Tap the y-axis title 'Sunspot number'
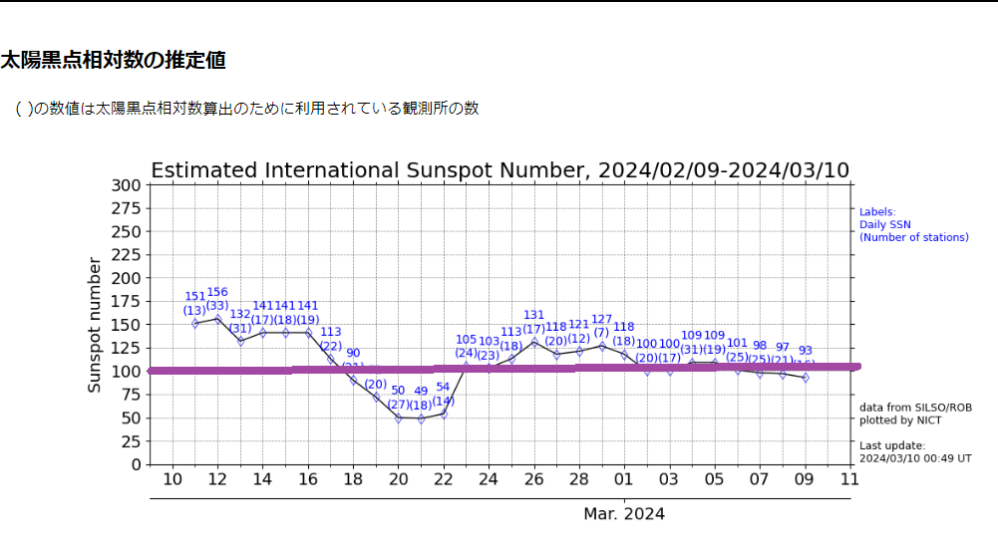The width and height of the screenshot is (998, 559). (x=95, y=325)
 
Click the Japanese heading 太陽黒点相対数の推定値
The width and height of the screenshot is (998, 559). (x=113, y=60)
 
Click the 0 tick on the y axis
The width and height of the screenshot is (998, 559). (x=135, y=464)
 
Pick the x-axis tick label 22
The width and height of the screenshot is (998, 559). (x=444, y=480)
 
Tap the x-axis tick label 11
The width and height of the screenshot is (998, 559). (x=849, y=480)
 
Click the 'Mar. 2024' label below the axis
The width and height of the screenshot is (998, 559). (x=624, y=514)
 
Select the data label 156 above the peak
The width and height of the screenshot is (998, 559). (x=217, y=292)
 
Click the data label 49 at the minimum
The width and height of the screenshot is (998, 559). (x=421, y=392)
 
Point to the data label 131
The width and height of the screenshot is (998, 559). (x=534, y=315)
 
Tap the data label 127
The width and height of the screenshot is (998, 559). (x=601, y=320)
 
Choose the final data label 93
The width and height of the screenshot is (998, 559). (x=806, y=351)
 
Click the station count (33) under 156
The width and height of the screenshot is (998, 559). (x=217, y=306)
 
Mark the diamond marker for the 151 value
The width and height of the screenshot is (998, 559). (x=195, y=323)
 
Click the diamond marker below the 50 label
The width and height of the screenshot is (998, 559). (x=399, y=419)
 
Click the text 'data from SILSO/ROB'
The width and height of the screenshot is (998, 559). (x=915, y=408)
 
